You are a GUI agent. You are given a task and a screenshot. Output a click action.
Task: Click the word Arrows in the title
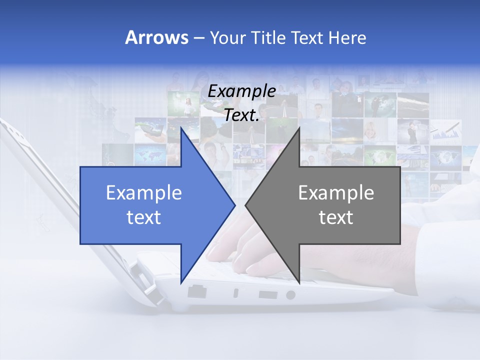coord(156,38)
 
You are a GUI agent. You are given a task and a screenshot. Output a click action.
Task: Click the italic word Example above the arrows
coord(241,91)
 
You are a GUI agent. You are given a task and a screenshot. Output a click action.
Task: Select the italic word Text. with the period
coord(241,115)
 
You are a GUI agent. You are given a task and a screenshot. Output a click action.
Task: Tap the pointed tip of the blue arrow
coord(234,205)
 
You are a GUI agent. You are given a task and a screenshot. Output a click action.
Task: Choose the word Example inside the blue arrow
coord(144,193)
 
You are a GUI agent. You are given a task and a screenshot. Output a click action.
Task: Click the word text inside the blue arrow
coord(144,217)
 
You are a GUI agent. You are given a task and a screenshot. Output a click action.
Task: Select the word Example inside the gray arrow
coord(336,193)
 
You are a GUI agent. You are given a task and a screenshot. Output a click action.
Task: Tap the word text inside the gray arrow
coord(336,217)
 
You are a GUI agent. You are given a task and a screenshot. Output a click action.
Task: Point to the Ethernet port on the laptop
coord(197,291)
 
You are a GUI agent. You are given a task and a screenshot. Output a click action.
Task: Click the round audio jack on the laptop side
coord(290,295)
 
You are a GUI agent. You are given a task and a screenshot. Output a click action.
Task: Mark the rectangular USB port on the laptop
coord(268,294)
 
